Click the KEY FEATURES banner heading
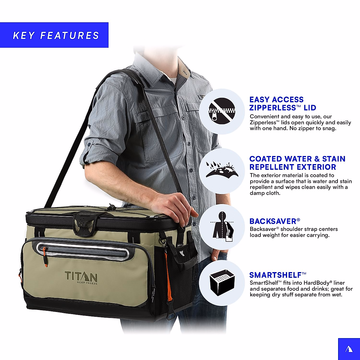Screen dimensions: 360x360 pos(56,35)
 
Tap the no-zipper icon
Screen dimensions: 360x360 pos(222,111)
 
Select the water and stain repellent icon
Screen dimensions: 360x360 pos(222,171)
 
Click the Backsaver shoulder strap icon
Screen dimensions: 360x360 pos(222,227)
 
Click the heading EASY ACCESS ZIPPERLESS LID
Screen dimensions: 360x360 pos(283,103)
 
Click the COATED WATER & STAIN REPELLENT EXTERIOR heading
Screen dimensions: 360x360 pos(297,163)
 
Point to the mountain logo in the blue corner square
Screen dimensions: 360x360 pos(349,349)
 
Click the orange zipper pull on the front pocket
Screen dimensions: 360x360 pos(45,255)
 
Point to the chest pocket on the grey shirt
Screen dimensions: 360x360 pos(144,135)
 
